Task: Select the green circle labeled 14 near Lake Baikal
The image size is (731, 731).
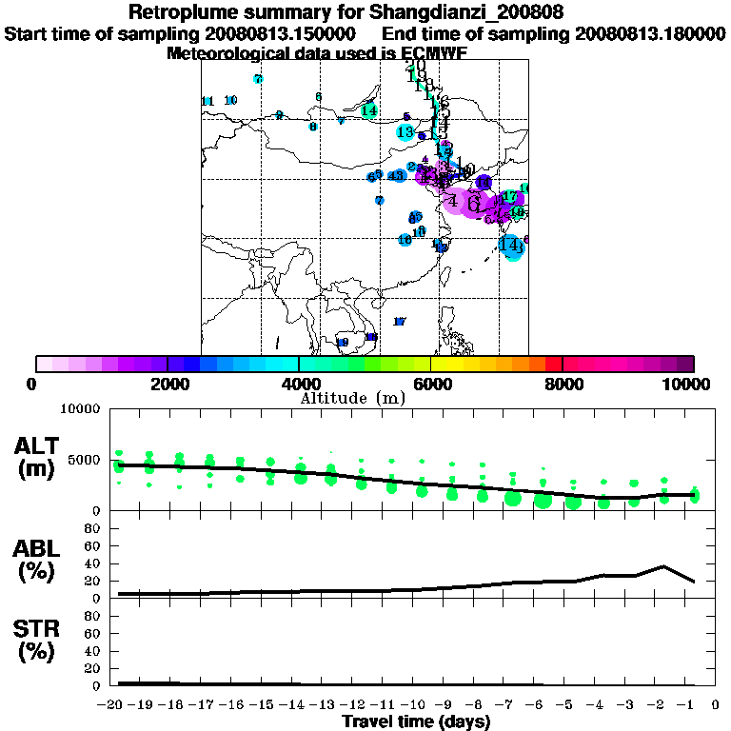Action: (369, 110)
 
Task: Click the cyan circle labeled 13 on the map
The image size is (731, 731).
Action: (405, 131)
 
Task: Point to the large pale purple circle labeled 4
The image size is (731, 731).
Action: (454, 201)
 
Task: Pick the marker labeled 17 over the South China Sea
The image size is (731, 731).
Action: (400, 322)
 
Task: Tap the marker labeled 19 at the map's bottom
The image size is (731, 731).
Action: (343, 342)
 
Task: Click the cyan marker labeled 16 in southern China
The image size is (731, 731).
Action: (405, 240)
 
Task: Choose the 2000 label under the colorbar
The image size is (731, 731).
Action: (168, 385)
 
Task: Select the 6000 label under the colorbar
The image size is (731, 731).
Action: (430, 385)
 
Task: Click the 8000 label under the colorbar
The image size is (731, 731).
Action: (563, 385)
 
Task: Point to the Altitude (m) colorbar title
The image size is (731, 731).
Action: (352, 398)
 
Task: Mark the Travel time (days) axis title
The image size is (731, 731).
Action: (416, 722)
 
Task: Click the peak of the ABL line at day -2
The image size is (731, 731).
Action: (664, 566)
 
